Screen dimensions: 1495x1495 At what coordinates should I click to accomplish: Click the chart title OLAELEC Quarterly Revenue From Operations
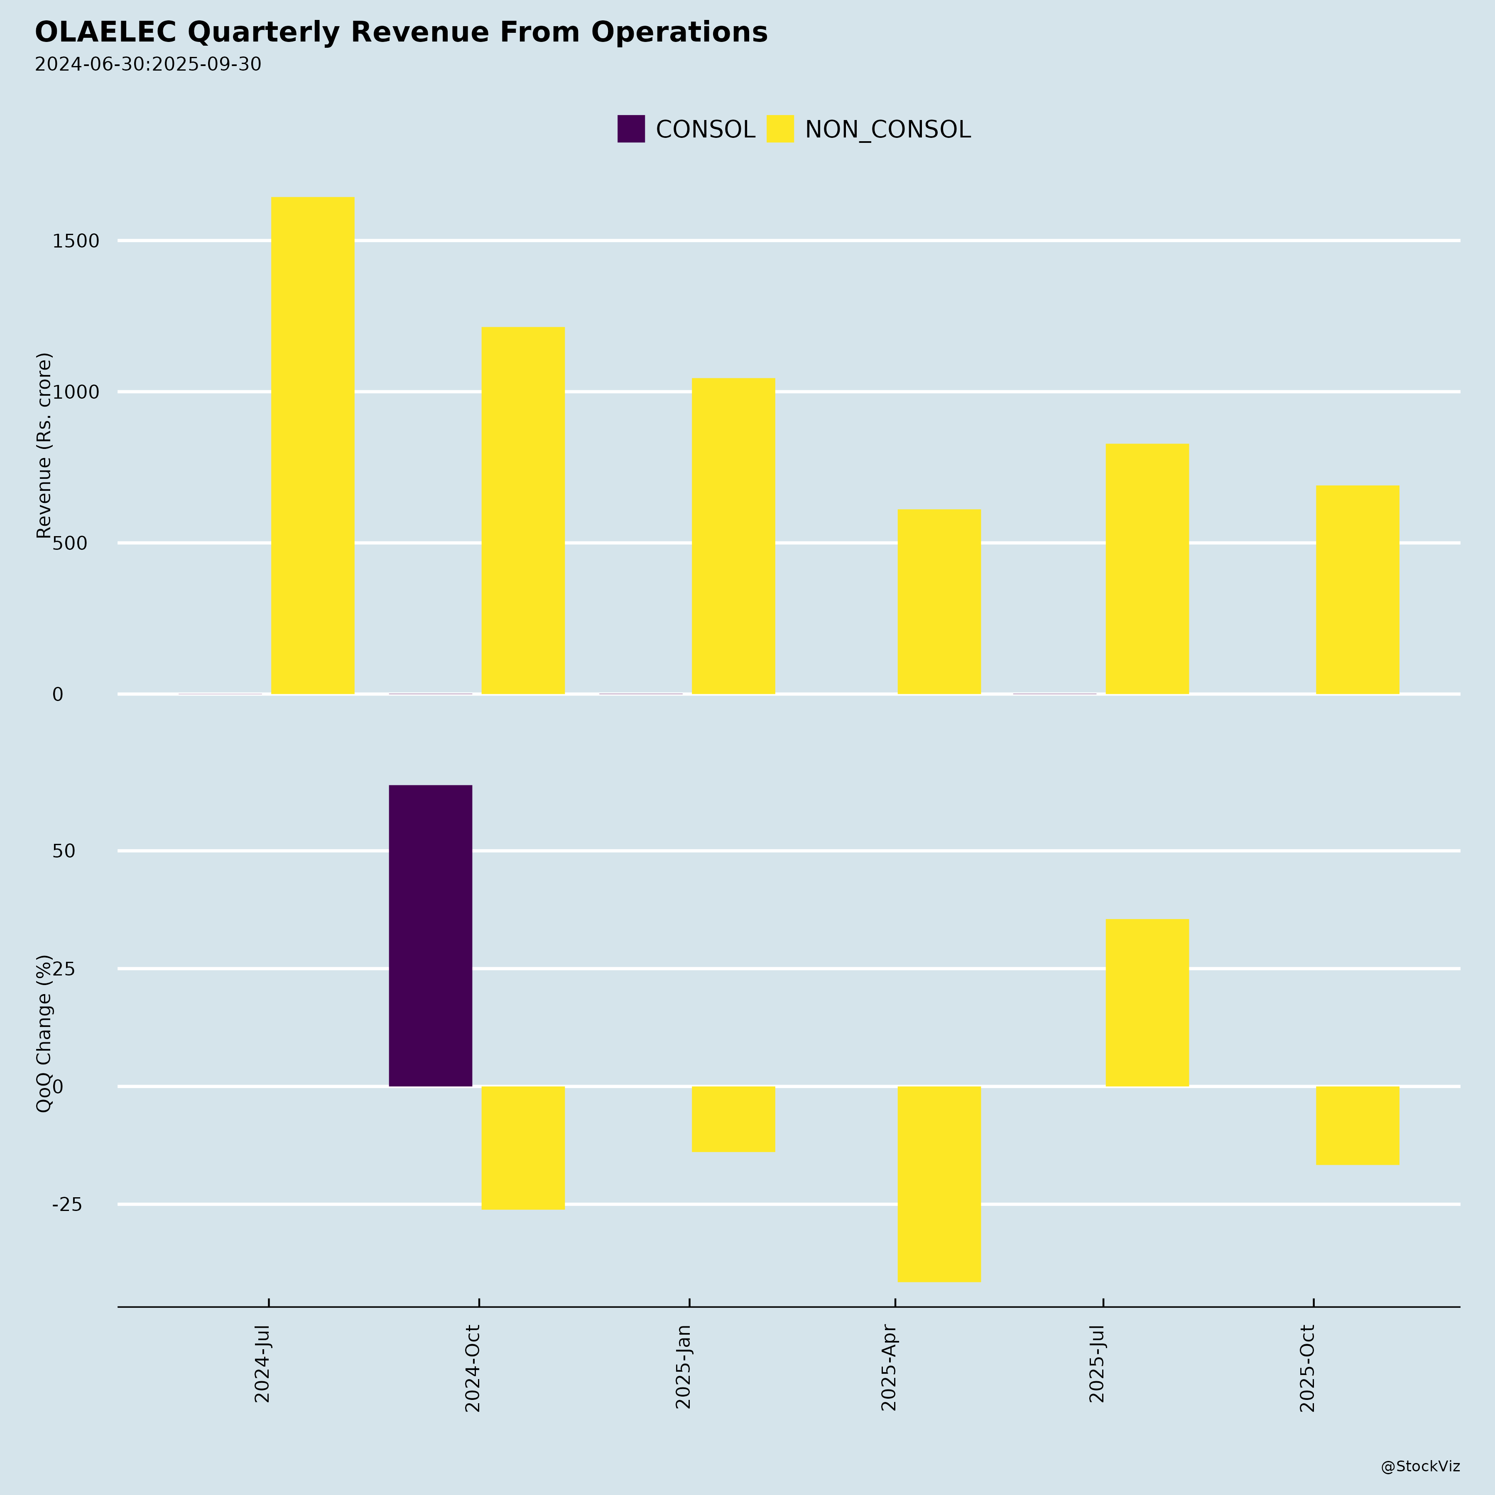click(x=401, y=32)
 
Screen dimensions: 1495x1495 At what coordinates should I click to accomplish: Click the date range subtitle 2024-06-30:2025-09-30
click(x=148, y=64)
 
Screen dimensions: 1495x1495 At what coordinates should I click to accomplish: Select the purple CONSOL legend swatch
click(x=631, y=129)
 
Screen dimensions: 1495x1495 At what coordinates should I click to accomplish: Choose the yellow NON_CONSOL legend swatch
click(x=780, y=129)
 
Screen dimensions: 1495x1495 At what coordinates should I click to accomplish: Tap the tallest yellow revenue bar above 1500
click(x=313, y=445)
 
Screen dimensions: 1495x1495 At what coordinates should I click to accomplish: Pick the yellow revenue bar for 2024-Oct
click(x=523, y=511)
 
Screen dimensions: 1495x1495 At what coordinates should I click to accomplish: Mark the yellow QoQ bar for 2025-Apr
click(x=939, y=1184)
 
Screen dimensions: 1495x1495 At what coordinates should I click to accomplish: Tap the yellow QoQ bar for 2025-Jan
click(x=733, y=1119)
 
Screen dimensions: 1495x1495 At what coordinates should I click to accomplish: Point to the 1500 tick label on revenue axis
click(x=76, y=241)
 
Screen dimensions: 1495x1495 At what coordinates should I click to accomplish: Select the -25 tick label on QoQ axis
click(x=67, y=1205)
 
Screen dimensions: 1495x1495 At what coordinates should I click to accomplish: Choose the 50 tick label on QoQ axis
click(x=64, y=851)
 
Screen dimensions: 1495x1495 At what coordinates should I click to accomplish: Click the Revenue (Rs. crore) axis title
click(x=44, y=446)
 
